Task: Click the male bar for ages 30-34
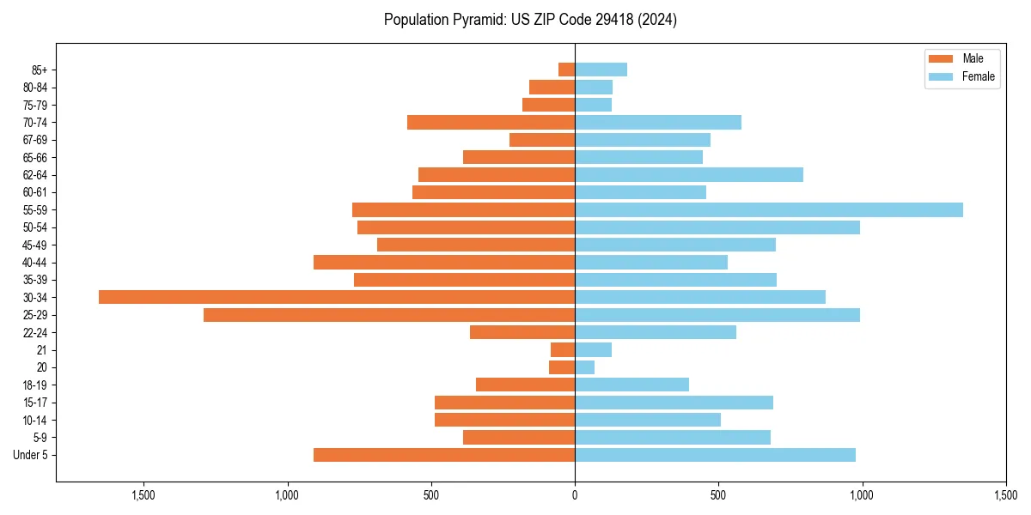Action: (337, 297)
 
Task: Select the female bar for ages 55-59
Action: (769, 209)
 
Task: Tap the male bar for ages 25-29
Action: (389, 315)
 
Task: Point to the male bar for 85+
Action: (566, 70)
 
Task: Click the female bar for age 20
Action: (585, 367)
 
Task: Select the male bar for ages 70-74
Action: (491, 122)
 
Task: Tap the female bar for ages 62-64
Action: (689, 175)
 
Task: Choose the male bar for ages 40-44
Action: (444, 262)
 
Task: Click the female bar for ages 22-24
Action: (656, 332)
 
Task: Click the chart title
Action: (530, 20)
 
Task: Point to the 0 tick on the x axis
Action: (575, 495)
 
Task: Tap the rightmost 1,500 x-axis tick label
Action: (1005, 495)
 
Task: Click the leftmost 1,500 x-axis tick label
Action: (143, 495)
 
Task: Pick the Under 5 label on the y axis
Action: (30, 455)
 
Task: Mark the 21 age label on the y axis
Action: (41, 350)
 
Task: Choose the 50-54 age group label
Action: (34, 227)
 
